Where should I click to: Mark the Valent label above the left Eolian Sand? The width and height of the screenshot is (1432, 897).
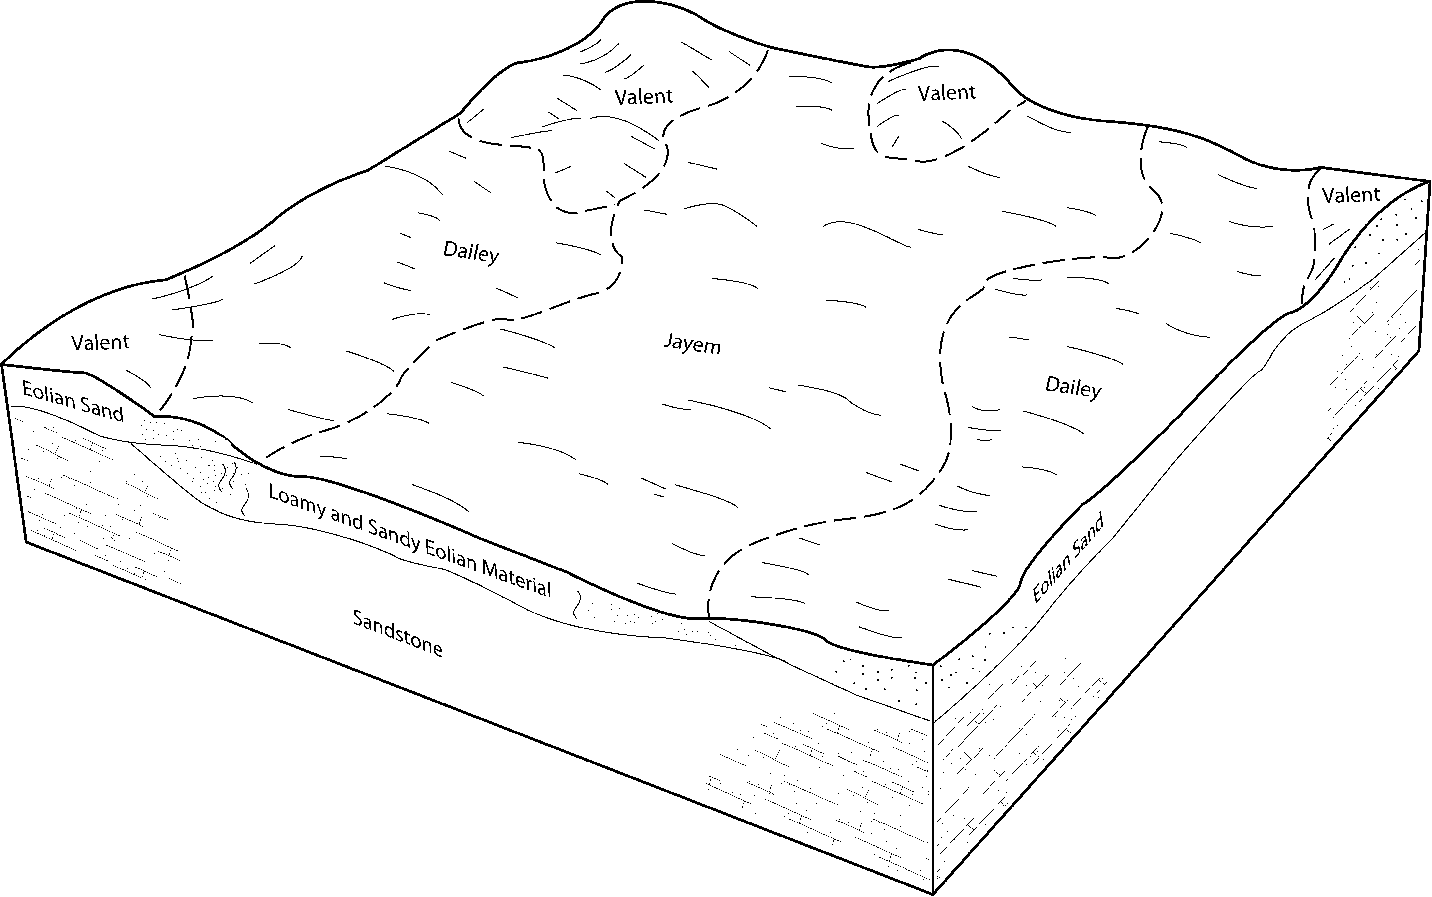(x=100, y=342)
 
